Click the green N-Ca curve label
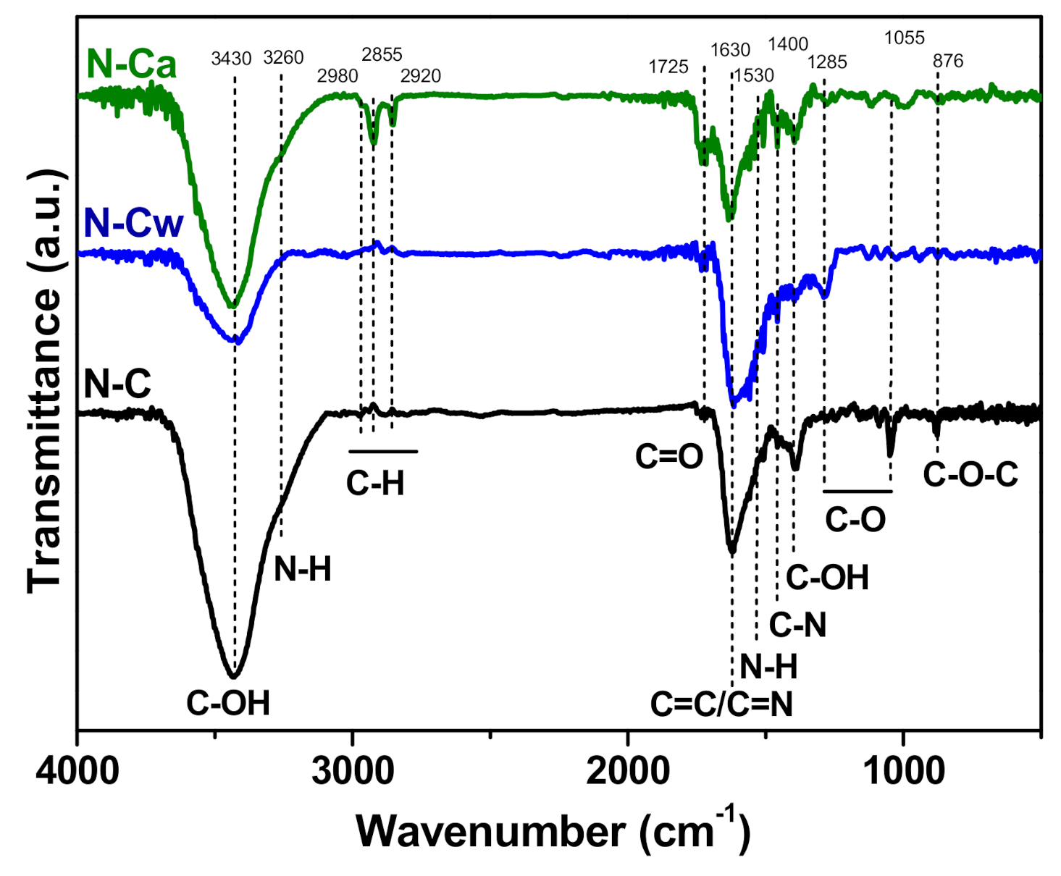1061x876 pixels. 131,64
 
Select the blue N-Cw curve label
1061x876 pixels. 133,222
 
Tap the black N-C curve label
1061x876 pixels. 117,383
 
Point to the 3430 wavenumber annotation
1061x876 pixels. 231,59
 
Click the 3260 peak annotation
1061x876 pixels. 283,57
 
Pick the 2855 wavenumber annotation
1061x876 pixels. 382,54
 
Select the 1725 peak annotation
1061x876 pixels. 668,67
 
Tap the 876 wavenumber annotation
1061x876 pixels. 948,62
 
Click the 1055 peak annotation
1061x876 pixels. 905,38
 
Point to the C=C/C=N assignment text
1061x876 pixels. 721,704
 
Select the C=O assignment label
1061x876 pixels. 669,457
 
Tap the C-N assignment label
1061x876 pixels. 797,625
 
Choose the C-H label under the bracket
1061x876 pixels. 375,483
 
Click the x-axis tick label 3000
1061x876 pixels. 353,772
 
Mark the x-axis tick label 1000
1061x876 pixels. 903,772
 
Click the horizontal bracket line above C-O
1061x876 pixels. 857,492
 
